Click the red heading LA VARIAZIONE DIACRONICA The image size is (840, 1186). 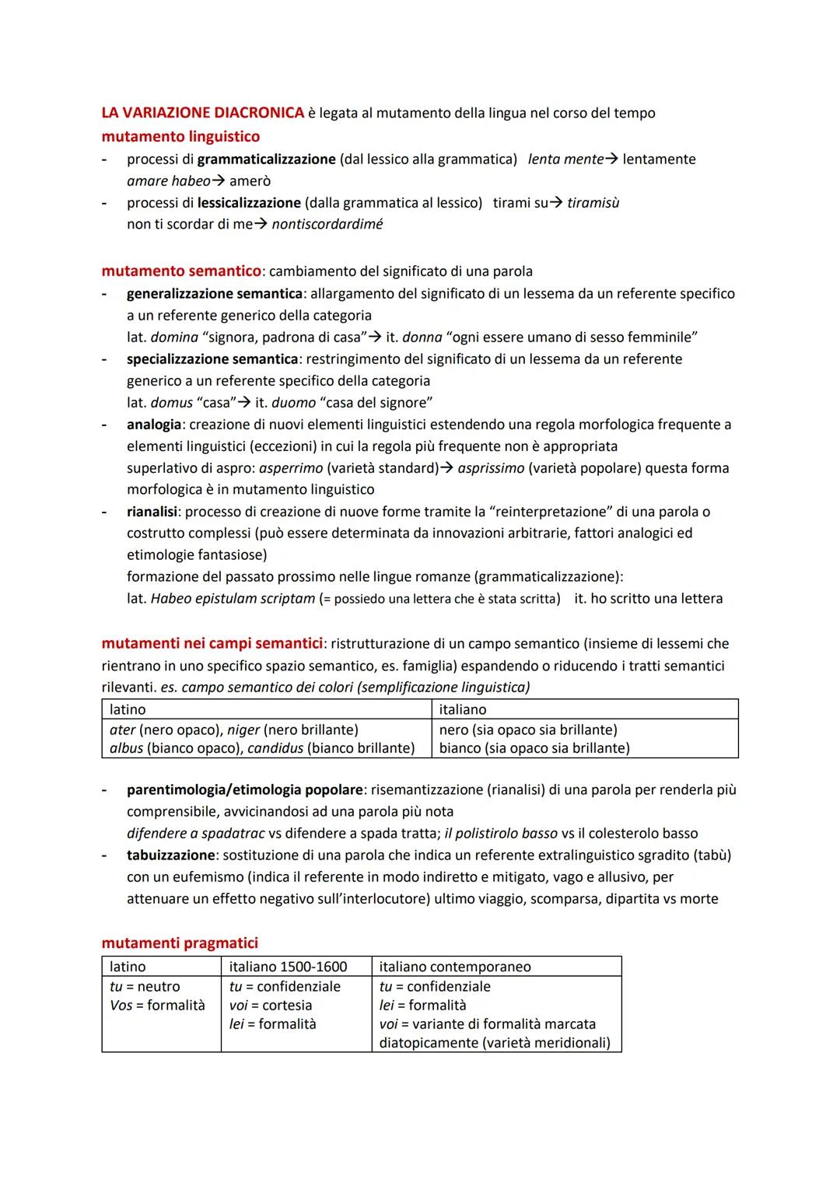(x=202, y=113)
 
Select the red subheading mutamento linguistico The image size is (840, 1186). (x=180, y=136)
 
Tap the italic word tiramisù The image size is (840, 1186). (x=593, y=203)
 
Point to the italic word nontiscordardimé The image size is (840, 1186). (x=327, y=224)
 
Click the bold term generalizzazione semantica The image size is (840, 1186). (x=215, y=293)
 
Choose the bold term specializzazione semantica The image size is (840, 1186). (x=212, y=359)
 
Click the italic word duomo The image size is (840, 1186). (x=294, y=403)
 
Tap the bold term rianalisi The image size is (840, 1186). (x=152, y=512)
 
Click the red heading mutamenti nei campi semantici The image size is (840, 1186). (x=212, y=643)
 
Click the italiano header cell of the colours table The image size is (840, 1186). (x=463, y=709)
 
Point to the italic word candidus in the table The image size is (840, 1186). (x=275, y=748)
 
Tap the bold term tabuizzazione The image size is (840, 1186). (x=170, y=855)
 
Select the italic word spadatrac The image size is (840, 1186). (x=233, y=833)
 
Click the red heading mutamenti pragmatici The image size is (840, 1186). (x=180, y=943)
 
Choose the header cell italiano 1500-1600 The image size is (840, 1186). (x=289, y=967)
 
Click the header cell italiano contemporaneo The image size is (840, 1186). (x=455, y=967)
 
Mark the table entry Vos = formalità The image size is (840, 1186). (x=157, y=1005)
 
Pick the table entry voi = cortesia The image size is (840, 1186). (x=271, y=1005)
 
